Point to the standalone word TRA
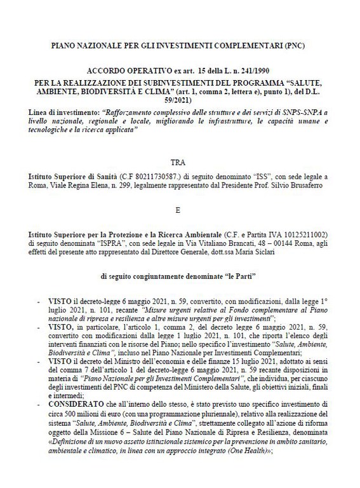180,162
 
